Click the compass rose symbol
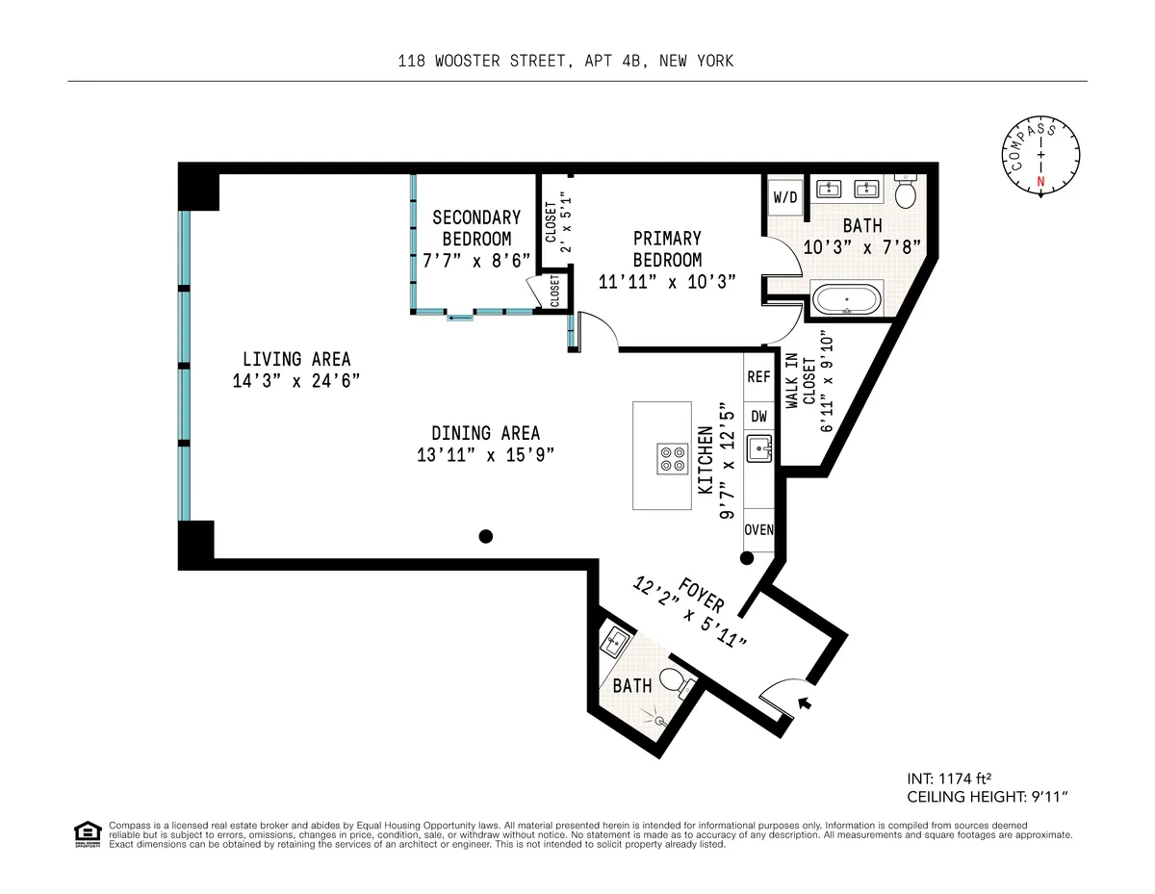coord(1040,156)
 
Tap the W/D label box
coord(785,197)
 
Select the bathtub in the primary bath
coord(846,299)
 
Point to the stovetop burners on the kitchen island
coord(672,458)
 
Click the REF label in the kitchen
coord(758,378)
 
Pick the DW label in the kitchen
coord(758,417)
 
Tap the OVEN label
coord(758,530)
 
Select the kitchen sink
coord(759,448)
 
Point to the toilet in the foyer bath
coord(684,684)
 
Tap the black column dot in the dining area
coord(487,536)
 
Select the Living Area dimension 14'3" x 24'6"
coord(295,380)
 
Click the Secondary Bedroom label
coord(476,228)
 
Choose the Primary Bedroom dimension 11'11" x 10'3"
coord(667,281)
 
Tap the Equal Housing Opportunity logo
coord(88,833)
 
